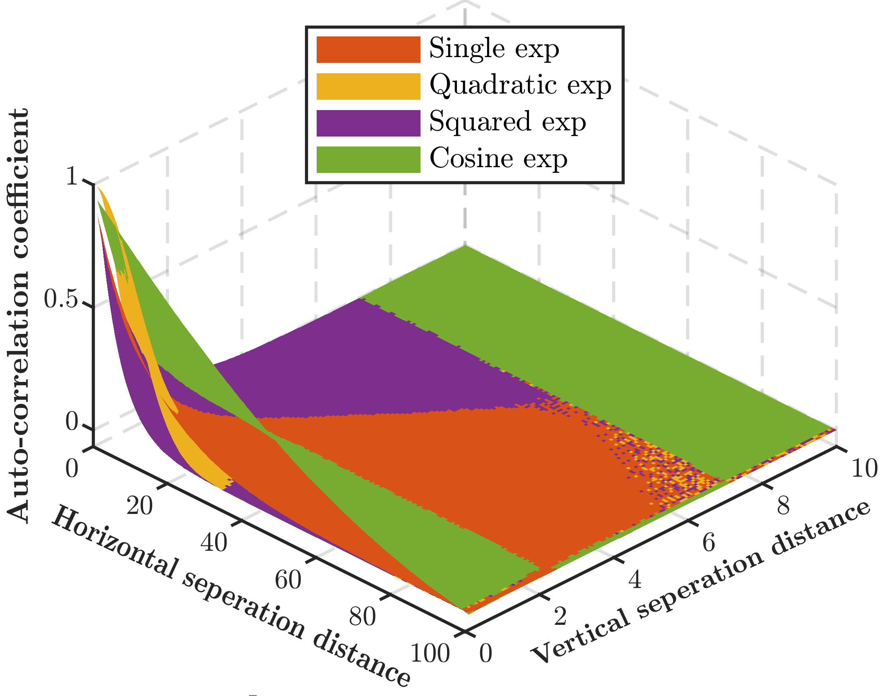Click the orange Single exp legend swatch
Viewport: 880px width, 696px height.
[x=368, y=50]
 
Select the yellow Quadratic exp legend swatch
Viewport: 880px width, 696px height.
[x=368, y=86]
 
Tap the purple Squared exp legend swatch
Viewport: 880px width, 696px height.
[x=368, y=123]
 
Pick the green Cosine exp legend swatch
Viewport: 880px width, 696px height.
[x=368, y=159]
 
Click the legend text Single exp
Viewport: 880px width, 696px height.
[x=494, y=49]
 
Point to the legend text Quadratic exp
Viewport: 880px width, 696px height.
[x=520, y=86]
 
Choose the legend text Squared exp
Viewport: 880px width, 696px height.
[x=507, y=122]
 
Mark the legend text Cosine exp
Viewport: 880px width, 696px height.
[x=498, y=158]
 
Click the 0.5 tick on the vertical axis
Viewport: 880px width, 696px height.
[x=61, y=299]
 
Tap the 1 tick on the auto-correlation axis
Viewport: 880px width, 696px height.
[x=72, y=177]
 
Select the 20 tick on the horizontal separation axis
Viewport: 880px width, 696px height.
[x=139, y=506]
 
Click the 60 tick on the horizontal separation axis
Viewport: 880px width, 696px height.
[x=288, y=580]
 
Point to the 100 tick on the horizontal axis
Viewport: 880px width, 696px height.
[x=430, y=653]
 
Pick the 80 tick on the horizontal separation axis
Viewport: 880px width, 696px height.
[x=362, y=617]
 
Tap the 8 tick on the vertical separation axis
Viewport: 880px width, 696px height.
[x=783, y=506]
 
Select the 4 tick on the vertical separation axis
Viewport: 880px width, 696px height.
[x=635, y=579]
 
